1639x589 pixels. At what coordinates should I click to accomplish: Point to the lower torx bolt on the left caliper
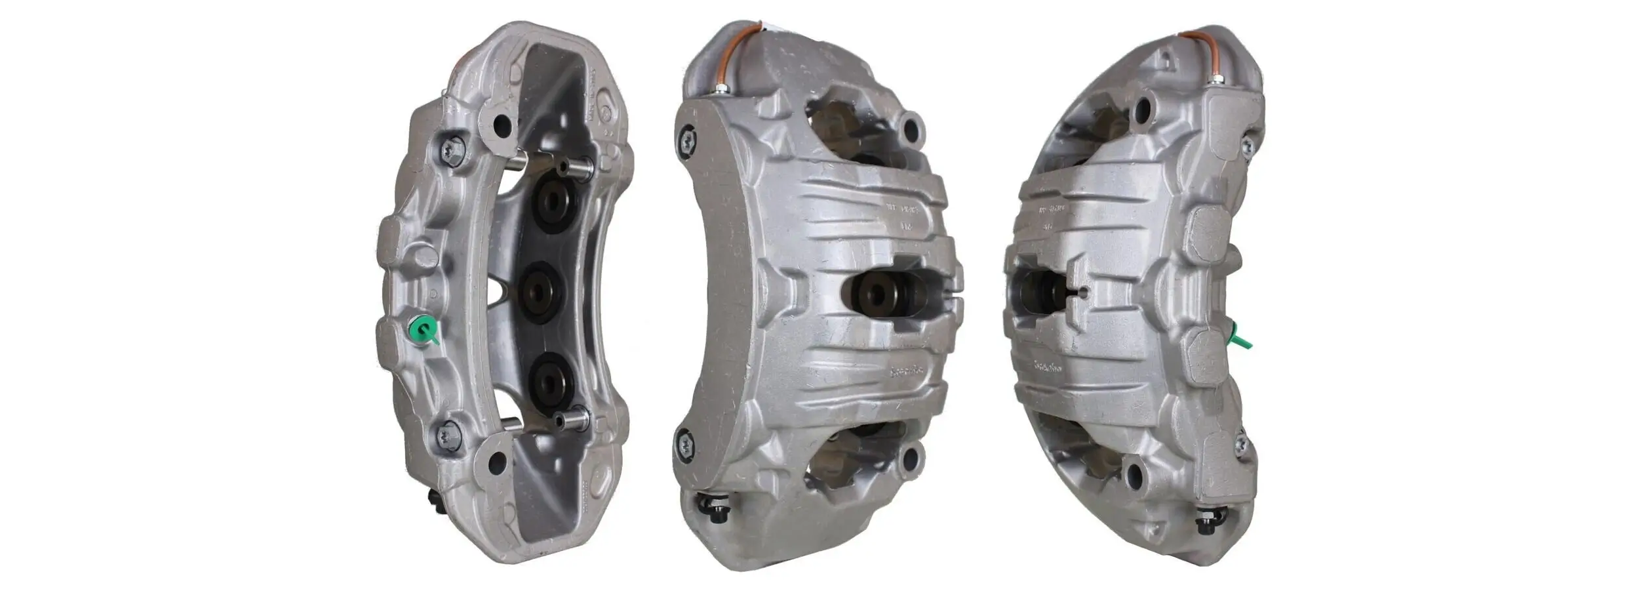click(x=448, y=436)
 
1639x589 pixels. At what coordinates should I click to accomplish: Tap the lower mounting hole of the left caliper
click(x=497, y=462)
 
